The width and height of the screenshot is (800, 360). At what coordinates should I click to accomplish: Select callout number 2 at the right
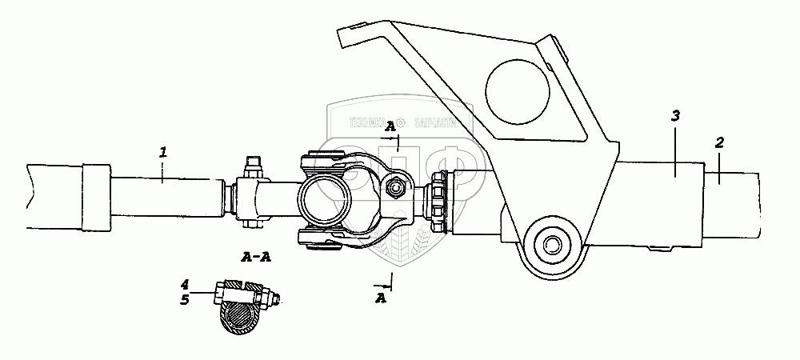[x=719, y=142]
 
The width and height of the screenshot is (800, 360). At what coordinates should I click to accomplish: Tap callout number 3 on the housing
[x=675, y=117]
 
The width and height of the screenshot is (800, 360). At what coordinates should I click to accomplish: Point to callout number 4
[x=184, y=284]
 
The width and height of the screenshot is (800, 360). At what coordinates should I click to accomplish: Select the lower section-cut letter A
[x=382, y=298]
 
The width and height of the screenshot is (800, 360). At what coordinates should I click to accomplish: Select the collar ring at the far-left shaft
[x=94, y=196]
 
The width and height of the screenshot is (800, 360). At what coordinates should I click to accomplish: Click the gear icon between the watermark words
[x=402, y=123]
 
